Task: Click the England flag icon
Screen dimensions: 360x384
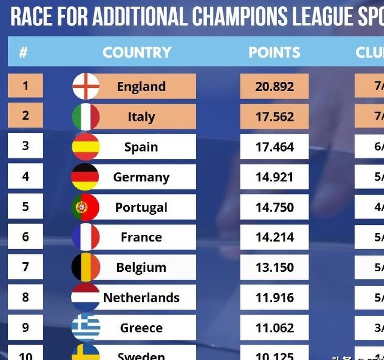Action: pyautogui.click(x=86, y=86)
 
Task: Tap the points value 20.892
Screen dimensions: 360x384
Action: pyautogui.click(x=274, y=86)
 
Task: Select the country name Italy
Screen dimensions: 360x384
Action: pyautogui.click(x=141, y=117)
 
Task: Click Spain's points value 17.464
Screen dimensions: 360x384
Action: pyautogui.click(x=274, y=147)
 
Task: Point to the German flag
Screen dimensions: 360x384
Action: pyautogui.click(x=86, y=177)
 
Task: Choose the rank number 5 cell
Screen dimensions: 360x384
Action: pyautogui.click(x=25, y=207)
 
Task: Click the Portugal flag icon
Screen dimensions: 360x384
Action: pyautogui.click(x=86, y=207)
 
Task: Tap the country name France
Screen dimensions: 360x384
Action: pyautogui.click(x=141, y=237)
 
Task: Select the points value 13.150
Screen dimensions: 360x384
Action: pyautogui.click(x=274, y=267)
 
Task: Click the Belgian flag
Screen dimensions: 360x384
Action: pyautogui.click(x=86, y=267)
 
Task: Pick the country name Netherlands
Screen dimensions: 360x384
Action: pyautogui.click(x=141, y=298)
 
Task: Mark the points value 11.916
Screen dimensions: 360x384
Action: pyautogui.click(x=274, y=298)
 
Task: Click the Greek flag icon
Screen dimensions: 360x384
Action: pyautogui.click(x=86, y=328)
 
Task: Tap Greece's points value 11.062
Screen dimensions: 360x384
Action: pyautogui.click(x=274, y=328)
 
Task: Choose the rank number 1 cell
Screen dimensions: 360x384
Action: pyautogui.click(x=25, y=86)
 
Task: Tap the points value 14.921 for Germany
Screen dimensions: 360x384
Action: pyautogui.click(x=274, y=177)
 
